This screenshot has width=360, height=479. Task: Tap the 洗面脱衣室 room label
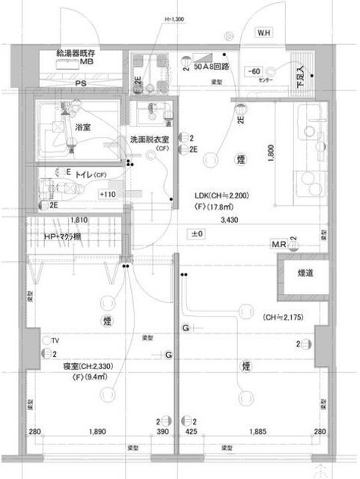[149, 140]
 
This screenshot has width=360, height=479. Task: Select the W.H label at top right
[265, 34]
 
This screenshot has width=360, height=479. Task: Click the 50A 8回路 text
[211, 66]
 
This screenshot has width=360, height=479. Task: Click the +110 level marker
[109, 195]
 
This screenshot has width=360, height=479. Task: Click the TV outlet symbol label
[56, 339]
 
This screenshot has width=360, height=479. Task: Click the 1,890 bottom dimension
[97, 432]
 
